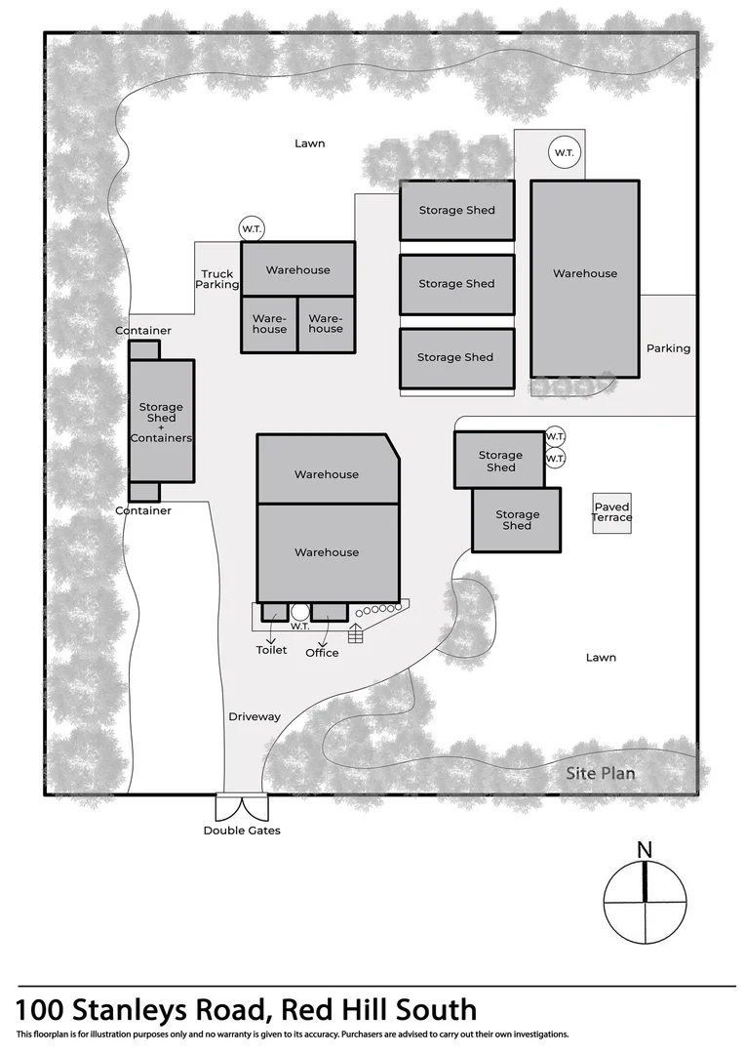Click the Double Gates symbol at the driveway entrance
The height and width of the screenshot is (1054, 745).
(241, 807)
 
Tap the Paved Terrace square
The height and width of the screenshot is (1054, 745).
(612, 512)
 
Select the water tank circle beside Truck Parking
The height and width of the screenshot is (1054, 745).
(252, 229)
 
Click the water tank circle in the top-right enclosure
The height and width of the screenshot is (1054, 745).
(564, 153)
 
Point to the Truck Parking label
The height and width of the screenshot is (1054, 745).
(217, 280)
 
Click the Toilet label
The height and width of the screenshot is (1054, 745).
(272, 650)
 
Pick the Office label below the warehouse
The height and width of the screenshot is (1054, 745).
(322, 653)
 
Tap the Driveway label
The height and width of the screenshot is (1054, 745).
(255, 717)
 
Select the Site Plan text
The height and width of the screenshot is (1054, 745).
(602, 774)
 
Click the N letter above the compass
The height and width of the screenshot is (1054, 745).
(645, 850)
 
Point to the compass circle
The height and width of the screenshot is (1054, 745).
(645, 903)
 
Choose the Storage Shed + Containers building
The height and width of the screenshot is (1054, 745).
(162, 421)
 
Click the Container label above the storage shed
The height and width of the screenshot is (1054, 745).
(143, 331)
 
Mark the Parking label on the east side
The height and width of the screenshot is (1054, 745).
(668, 348)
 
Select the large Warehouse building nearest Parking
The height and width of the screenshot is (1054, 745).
(585, 278)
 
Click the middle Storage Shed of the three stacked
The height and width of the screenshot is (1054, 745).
(456, 284)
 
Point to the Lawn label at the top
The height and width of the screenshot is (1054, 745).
(310, 143)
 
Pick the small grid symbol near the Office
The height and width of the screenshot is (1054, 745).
(356, 633)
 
